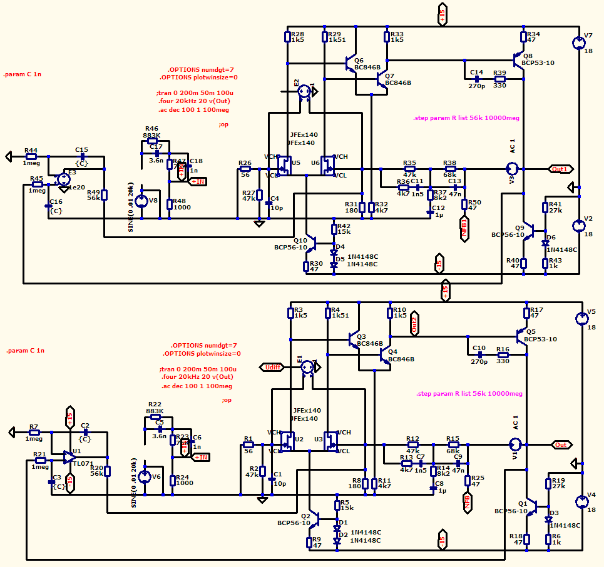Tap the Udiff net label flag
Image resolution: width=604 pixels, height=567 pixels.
pos(274,367)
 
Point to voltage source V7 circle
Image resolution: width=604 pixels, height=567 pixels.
pos(579,43)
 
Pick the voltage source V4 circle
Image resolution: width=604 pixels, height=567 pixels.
pos(581,501)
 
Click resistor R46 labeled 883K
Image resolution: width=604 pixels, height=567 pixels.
pos(152,141)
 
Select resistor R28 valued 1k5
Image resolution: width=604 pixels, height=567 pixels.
pos(287,37)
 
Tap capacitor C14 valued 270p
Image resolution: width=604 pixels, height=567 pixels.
pos(477,79)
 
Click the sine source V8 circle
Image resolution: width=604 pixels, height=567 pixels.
pos(142,200)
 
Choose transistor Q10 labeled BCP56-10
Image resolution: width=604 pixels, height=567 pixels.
pos(311,241)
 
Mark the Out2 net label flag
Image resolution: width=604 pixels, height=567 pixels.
pos(414,323)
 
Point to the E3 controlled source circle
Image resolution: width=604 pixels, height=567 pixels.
pos(63,179)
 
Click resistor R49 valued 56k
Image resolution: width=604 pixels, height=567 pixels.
pos(105,194)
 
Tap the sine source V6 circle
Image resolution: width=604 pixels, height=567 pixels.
pos(145,477)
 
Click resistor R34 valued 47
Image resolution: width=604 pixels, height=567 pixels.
pos(525,37)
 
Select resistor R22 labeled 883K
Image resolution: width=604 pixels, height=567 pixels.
pos(155,417)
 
